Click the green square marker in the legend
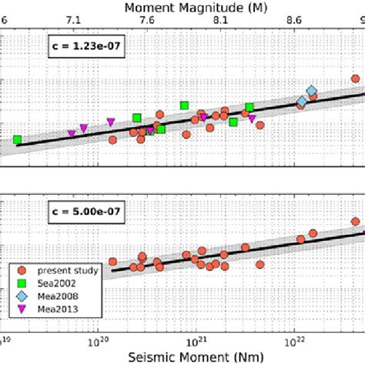(x=22, y=283)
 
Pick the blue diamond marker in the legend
(x=22, y=296)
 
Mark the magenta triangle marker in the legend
(x=22, y=310)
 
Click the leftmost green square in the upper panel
(x=16, y=140)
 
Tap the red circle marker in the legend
(x=22, y=270)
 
